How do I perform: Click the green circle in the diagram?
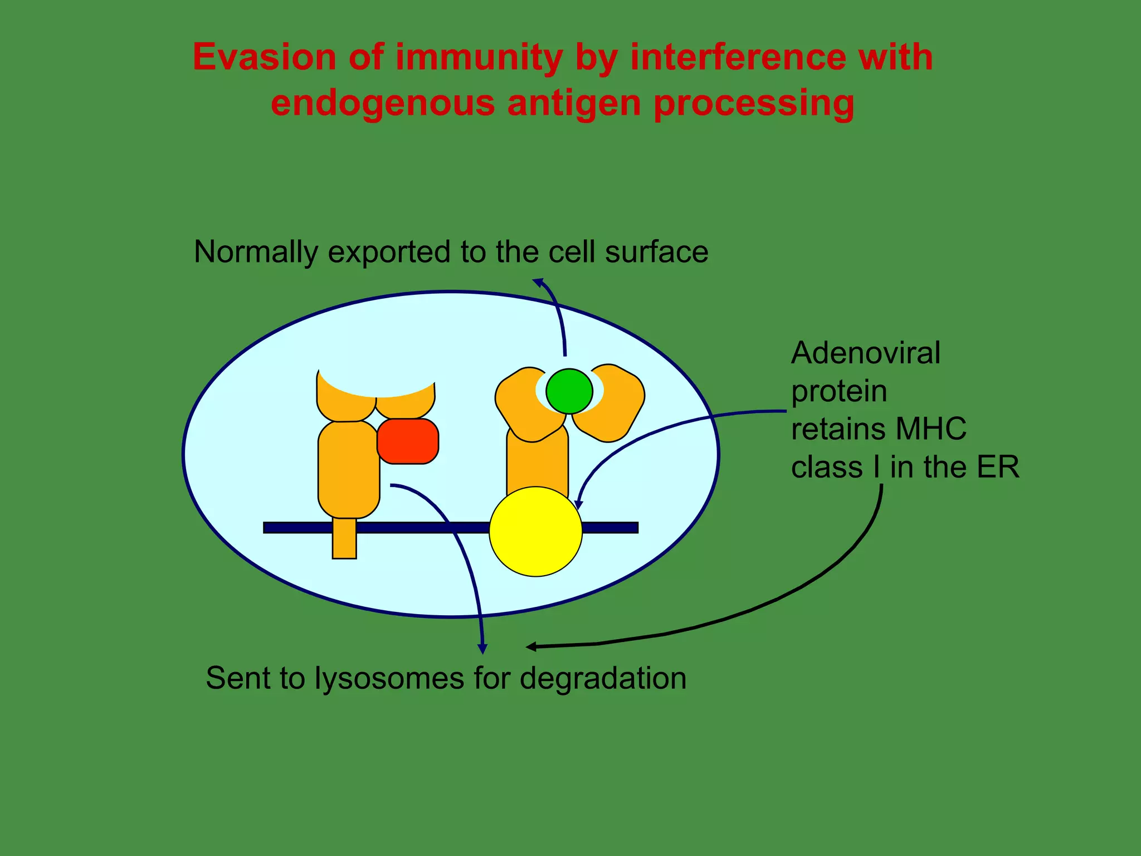(x=569, y=391)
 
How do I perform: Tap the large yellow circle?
(x=535, y=531)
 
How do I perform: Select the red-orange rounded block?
(x=408, y=441)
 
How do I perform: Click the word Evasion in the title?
(x=264, y=57)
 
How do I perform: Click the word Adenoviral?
(x=865, y=353)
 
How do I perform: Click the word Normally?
(x=256, y=252)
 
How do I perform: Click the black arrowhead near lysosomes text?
(x=532, y=646)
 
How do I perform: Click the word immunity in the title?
(x=479, y=57)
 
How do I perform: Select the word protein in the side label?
(x=839, y=391)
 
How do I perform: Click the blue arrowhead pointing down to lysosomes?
(x=483, y=649)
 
